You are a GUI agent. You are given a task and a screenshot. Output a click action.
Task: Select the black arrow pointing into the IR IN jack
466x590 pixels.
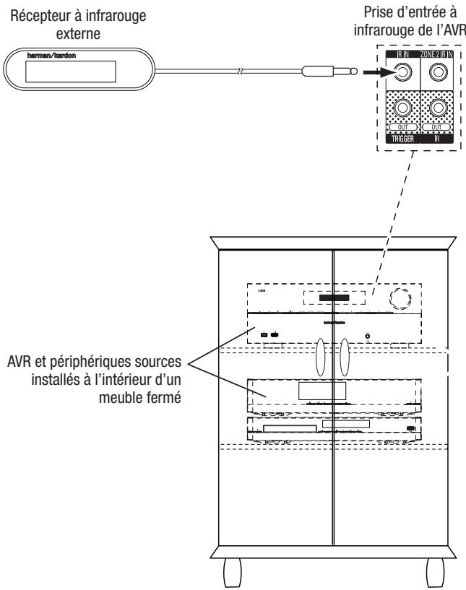tap(369, 71)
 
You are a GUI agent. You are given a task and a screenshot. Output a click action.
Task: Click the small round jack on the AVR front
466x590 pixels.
tap(368, 335)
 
